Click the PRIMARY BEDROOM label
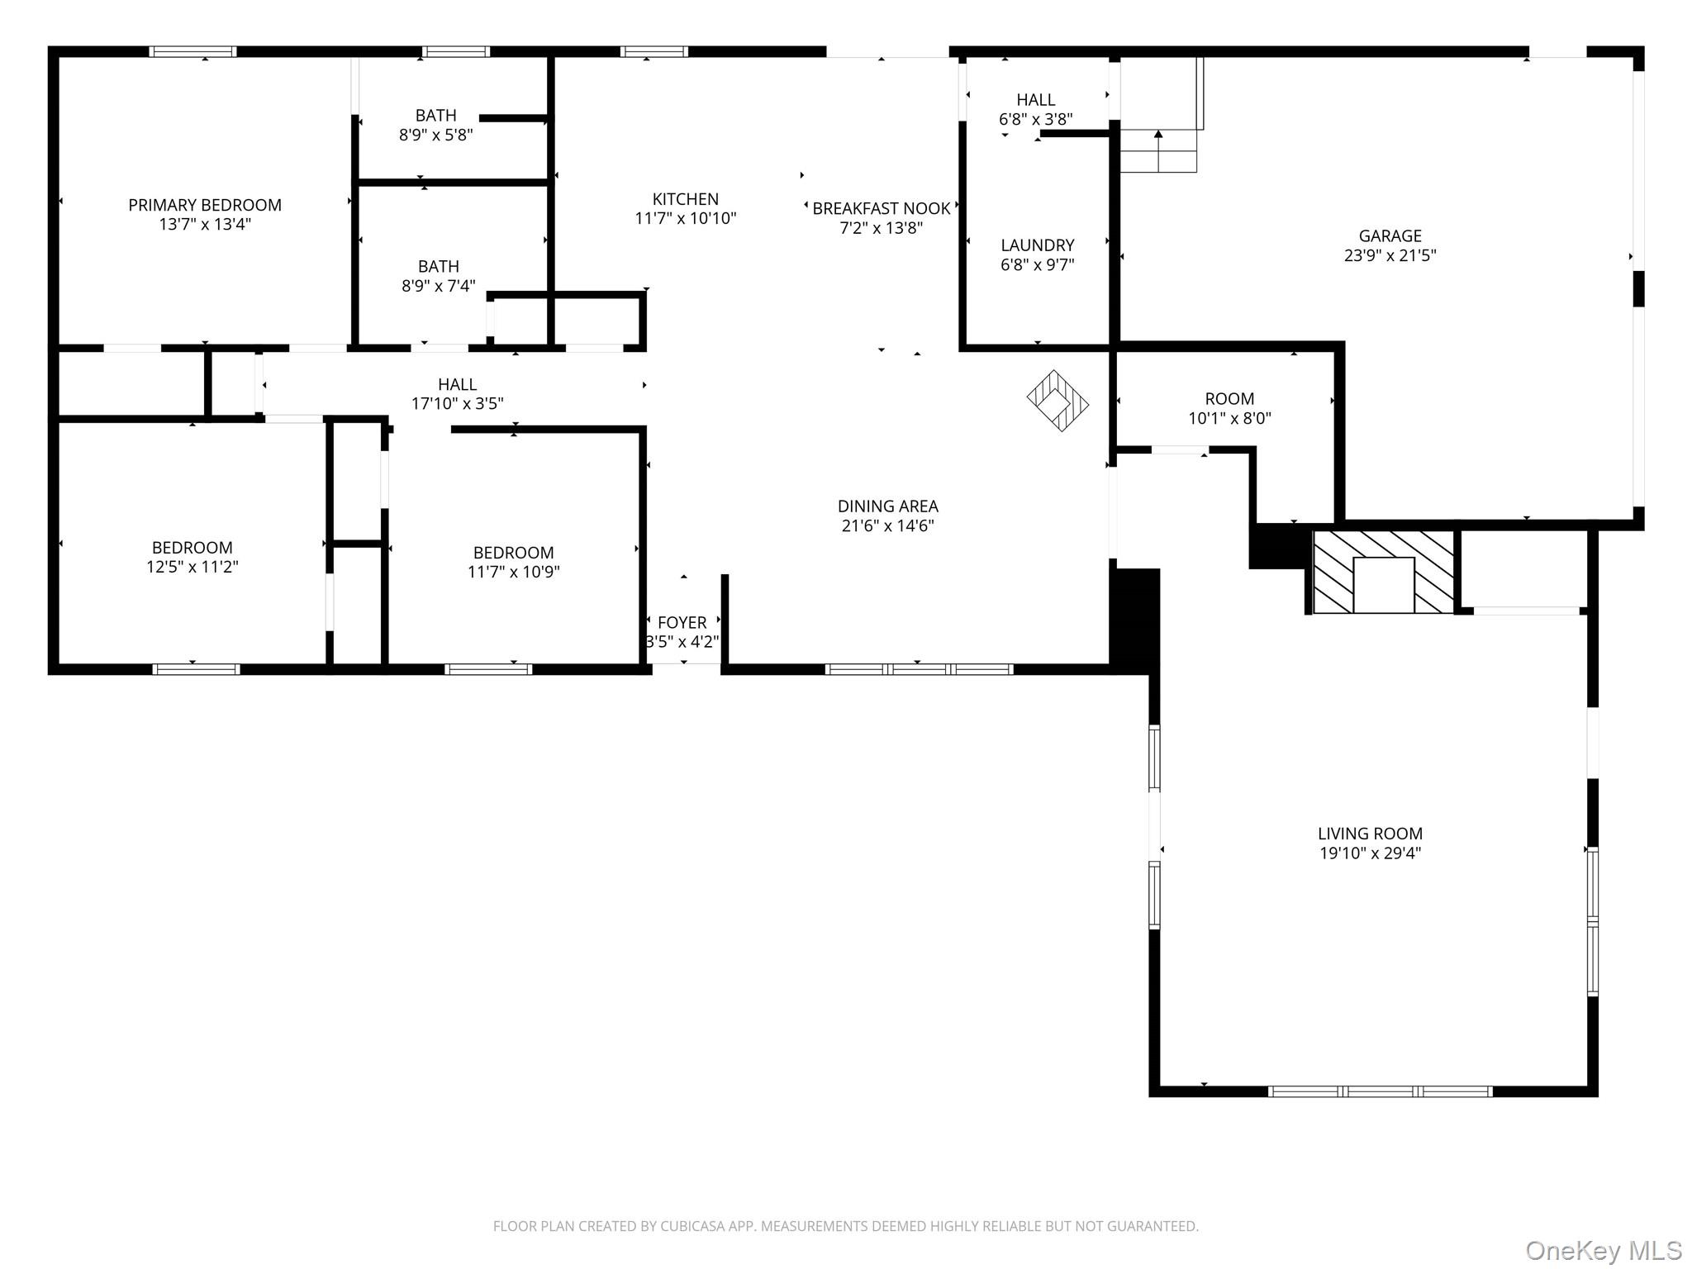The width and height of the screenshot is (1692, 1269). (x=205, y=205)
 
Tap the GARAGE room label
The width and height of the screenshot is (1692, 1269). (x=1390, y=236)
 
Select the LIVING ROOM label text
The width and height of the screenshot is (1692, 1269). (x=1370, y=834)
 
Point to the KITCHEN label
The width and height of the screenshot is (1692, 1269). (x=685, y=199)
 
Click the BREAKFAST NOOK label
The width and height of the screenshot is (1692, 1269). (x=881, y=209)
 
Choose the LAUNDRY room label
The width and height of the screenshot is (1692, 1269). (x=1037, y=245)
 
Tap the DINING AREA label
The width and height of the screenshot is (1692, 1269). (x=887, y=506)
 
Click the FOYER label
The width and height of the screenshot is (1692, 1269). (x=682, y=623)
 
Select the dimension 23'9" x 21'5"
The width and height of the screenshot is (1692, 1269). (x=1390, y=256)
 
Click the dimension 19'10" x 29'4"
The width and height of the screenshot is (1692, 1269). (x=1370, y=853)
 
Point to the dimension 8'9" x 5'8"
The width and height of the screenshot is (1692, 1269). (x=435, y=135)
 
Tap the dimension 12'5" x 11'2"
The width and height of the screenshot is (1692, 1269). (x=192, y=568)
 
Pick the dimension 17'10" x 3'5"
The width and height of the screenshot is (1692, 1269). (x=457, y=404)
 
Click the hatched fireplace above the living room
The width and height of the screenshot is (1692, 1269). (x=1383, y=572)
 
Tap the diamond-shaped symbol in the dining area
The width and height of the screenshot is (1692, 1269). (x=1057, y=401)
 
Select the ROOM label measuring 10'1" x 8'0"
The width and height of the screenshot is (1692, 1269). (x=1229, y=399)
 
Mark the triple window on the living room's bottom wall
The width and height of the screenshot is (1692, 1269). (x=1380, y=1091)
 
